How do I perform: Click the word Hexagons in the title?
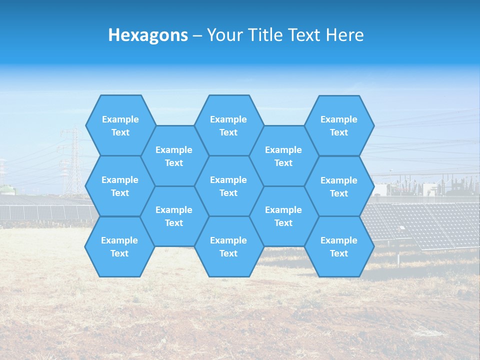click(148, 35)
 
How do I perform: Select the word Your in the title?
click(221, 35)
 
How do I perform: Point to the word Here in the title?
click(344, 35)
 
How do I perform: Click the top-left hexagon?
click(120, 125)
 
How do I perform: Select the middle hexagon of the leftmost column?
click(120, 186)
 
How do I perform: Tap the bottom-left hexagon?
click(119, 246)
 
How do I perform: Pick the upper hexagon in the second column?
click(174, 156)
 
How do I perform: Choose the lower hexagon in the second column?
click(174, 216)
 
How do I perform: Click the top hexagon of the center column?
click(228, 125)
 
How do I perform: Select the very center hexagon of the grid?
click(228, 186)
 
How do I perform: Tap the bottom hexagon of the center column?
click(228, 246)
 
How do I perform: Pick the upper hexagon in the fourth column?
click(283, 156)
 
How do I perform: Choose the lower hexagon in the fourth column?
click(283, 216)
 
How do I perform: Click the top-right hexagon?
click(339, 125)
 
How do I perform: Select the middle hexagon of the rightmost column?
click(339, 186)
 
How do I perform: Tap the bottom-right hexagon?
click(339, 246)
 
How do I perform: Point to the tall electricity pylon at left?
click(74, 160)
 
